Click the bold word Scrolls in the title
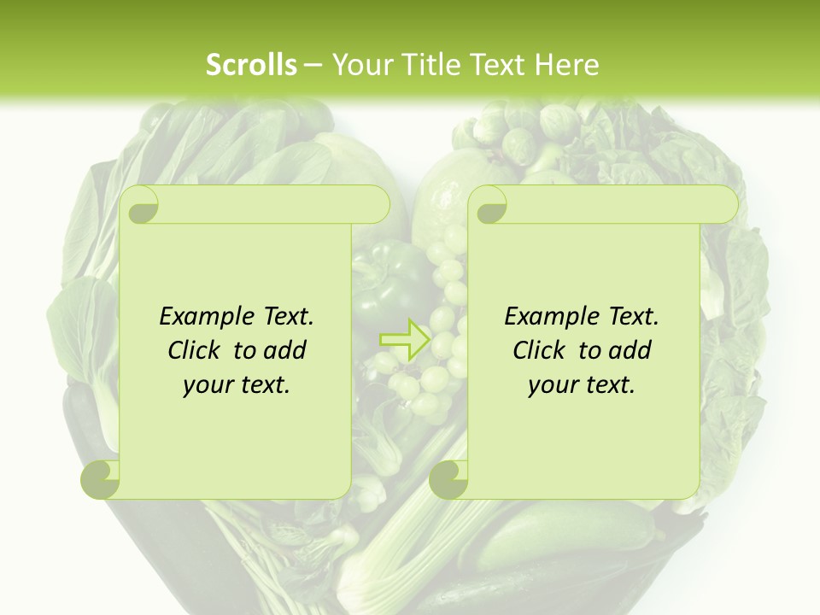point(251,65)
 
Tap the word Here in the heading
point(567,65)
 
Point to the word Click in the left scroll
point(196,350)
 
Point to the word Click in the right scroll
point(541,350)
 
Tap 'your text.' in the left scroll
point(237,385)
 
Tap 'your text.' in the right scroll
point(582,385)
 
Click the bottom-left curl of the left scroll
point(101,479)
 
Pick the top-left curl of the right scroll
point(489,205)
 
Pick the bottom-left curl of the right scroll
point(448,479)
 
